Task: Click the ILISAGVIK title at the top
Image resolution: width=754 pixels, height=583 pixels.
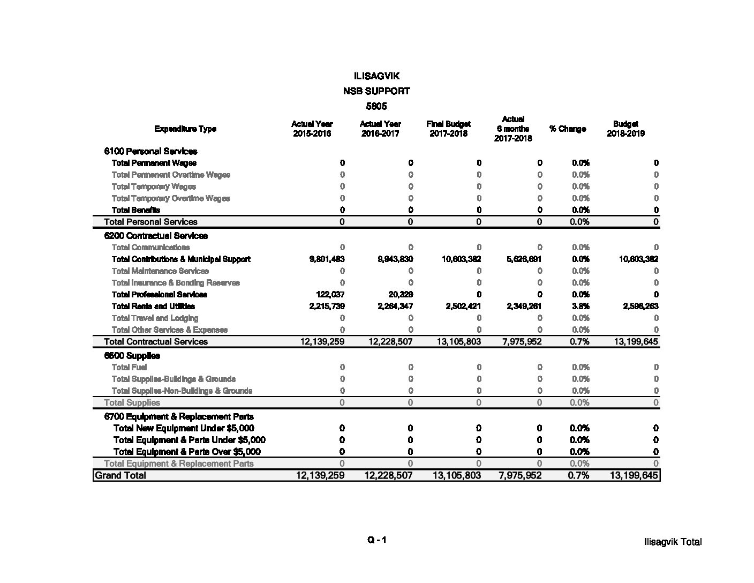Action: click(x=376, y=76)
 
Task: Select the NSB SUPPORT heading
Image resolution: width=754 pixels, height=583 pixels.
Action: click(x=376, y=91)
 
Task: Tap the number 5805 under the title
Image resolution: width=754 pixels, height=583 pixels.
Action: click(x=376, y=106)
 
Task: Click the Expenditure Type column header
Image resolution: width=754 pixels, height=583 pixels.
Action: click(x=185, y=129)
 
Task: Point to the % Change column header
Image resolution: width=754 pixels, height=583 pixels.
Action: click(x=568, y=129)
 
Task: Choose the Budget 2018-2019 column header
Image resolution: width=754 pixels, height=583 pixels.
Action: click(x=625, y=129)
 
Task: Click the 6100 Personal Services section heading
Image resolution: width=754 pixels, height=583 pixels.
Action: click(x=150, y=151)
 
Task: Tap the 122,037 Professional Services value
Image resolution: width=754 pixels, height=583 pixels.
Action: click(x=330, y=295)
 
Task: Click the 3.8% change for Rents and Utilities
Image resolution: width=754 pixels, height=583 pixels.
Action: click(x=580, y=307)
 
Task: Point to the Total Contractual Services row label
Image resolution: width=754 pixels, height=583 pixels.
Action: click(x=155, y=342)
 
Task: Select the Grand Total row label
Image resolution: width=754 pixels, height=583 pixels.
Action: click(x=120, y=475)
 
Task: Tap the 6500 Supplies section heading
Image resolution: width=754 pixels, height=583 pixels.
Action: click(x=132, y=356)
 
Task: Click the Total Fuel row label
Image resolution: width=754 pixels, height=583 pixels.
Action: click(x=129, y=368)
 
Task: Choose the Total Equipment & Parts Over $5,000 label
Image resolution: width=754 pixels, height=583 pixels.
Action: click(x=187, y=452)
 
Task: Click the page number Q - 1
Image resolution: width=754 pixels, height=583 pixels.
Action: click(x=376, y=540)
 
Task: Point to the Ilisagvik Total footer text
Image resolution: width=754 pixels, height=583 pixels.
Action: click(x=673, y=542)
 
